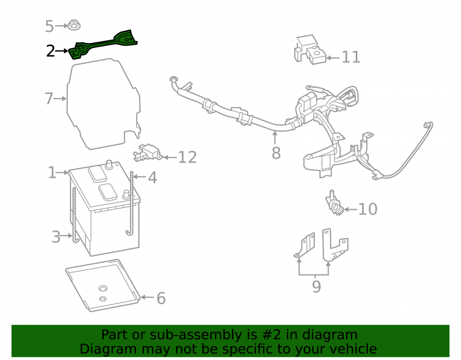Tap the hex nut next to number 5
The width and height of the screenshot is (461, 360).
pos(74,25)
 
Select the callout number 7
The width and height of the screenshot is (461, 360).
pos(49,99)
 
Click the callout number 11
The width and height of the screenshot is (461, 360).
pos(351,57)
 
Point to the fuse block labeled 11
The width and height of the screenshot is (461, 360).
pos(310,50)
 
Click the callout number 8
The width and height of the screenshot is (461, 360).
pos(276,153)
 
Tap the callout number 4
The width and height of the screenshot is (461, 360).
pos(152,177)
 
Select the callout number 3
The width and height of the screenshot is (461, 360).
pos(56,237)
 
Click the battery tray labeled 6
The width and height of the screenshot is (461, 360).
pos(103,285)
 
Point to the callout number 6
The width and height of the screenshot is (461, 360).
pos(161,298)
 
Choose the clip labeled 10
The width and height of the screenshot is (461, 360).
pos(334,203)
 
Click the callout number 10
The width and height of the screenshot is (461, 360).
pos(368,209)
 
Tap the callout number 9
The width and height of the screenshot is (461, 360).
pos(316,287)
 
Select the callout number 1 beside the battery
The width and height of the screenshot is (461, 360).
pos(52,172)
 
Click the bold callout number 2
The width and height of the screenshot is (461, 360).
pos(51,51)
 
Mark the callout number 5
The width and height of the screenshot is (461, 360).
pos(49,26)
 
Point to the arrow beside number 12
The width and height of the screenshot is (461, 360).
pos(169,158)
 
